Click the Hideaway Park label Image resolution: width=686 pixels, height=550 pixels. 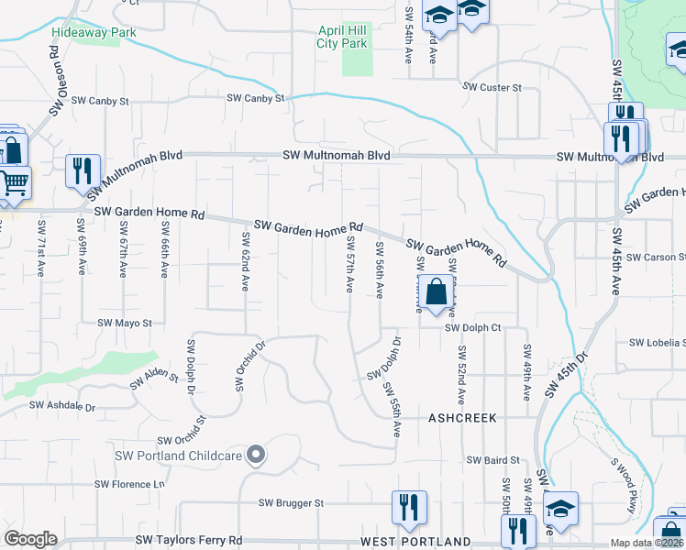94,32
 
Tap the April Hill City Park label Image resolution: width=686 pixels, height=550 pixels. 342,37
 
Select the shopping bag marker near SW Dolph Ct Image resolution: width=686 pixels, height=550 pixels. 439,293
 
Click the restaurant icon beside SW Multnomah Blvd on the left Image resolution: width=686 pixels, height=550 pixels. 83,171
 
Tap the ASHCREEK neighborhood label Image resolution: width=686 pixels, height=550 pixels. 462,417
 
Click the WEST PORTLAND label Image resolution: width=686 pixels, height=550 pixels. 415,542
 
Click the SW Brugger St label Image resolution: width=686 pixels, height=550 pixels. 291,503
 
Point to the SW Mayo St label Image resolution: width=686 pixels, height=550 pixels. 124,323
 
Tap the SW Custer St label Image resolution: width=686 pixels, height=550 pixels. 492,87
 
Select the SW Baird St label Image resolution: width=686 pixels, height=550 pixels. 492,460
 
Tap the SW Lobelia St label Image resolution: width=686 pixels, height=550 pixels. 657,342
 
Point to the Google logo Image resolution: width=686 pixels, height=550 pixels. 30,539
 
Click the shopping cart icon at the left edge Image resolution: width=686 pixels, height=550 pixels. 13,182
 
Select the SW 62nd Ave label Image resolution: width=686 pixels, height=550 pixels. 246,261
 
